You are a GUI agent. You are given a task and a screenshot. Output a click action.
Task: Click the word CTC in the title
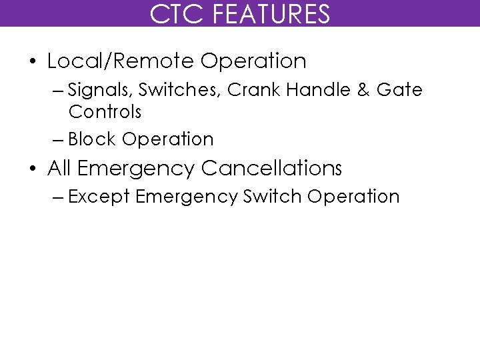tap(173, 13)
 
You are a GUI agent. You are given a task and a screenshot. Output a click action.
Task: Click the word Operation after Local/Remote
tap(253, 61)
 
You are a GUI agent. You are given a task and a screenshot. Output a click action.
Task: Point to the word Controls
tap(105, 110)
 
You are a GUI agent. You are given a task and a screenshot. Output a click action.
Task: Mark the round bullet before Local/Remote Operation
tap(33, 62)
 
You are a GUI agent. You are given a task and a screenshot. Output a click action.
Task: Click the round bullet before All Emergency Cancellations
tap(33, 169)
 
